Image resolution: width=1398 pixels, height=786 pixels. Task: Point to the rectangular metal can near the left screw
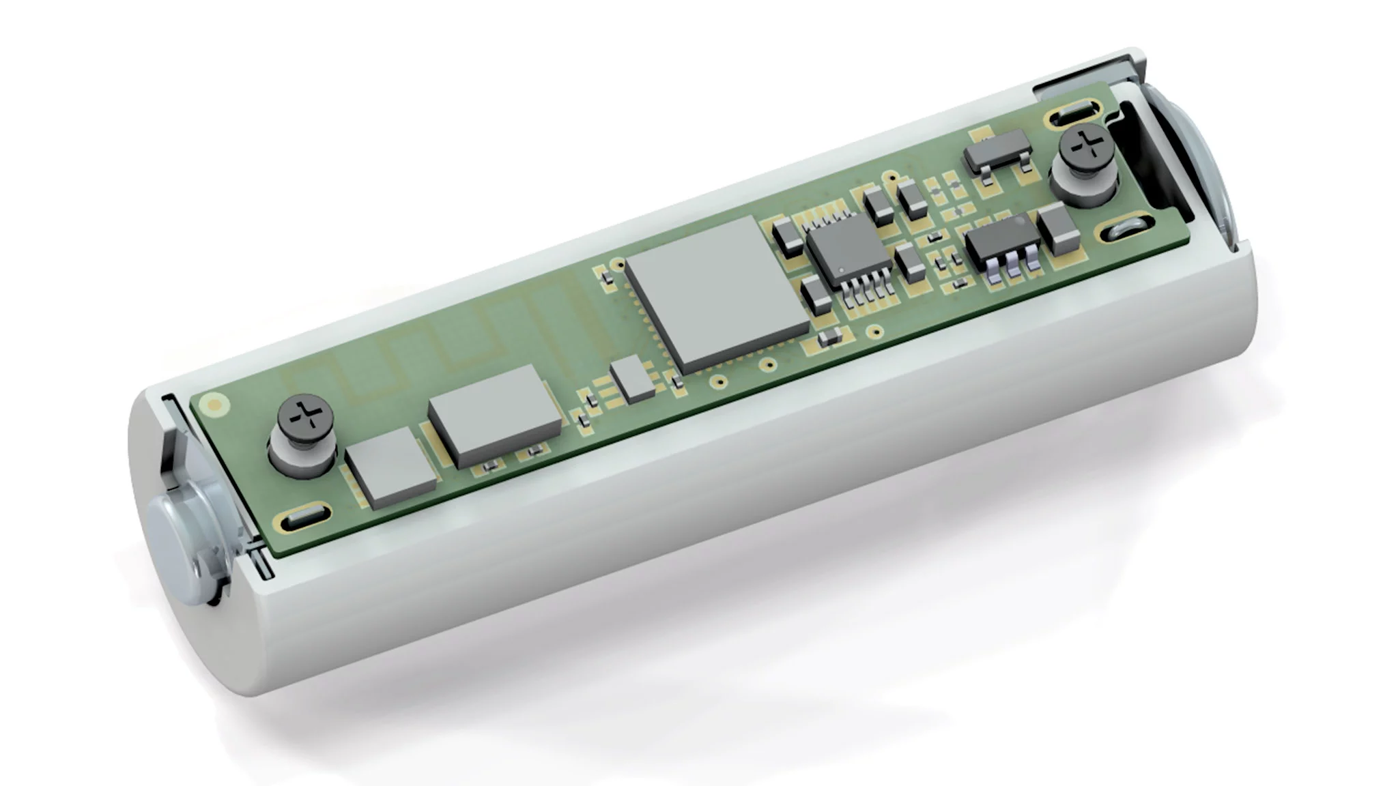(495, 416)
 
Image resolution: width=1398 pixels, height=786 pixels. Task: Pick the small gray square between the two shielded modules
(632, 381)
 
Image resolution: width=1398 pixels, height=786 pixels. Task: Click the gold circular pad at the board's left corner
(216, 405)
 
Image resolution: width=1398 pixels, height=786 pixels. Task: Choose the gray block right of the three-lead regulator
(1059, 229)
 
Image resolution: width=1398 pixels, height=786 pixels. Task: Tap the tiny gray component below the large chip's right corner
(830, 336)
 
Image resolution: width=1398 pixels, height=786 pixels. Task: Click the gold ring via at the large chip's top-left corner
(618, 263)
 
